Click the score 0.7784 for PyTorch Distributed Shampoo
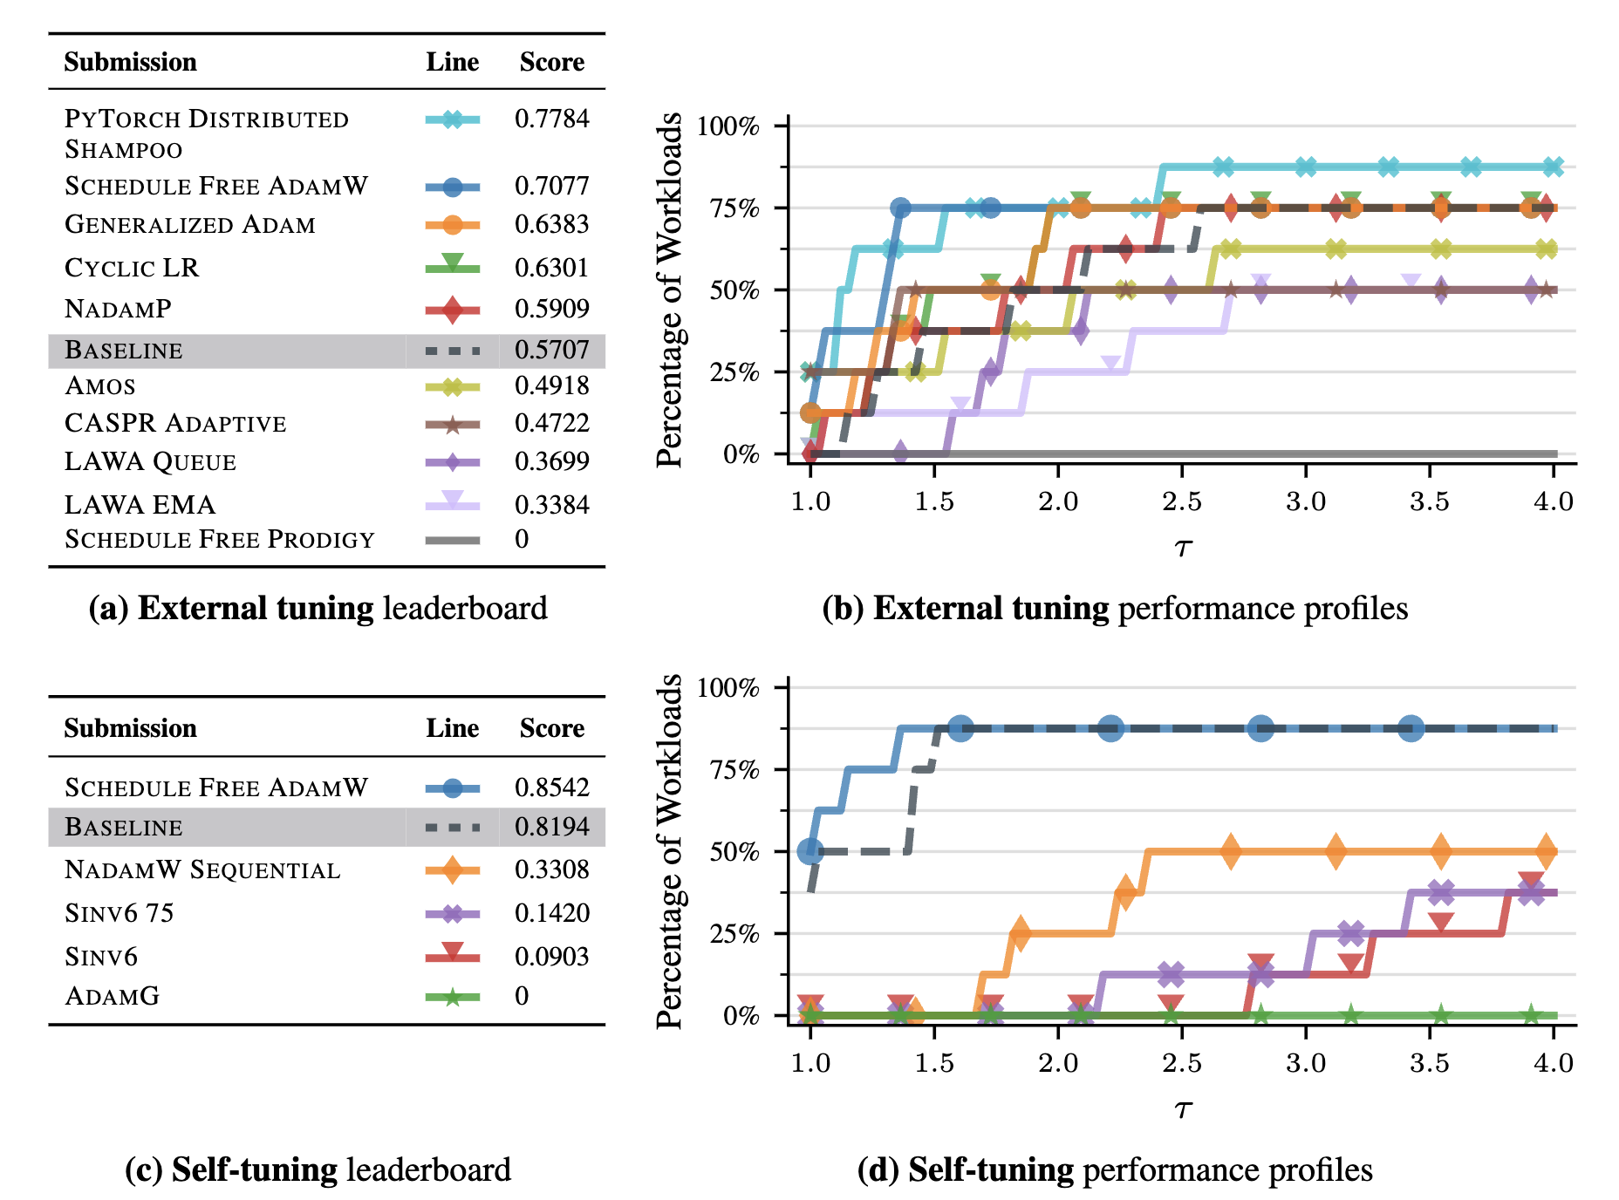point(551,119)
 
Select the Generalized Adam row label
point(190,225)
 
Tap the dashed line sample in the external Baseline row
point(452,351)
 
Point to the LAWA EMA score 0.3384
point(551,505)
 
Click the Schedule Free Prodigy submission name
point(220,540)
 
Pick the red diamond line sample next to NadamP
point(452,310)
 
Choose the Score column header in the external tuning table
point(551,62)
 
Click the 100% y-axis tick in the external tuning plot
point(728,126)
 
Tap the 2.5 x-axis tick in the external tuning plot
point(1181,502)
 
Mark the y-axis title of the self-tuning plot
point(669,851)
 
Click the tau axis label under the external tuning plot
point(1182,548)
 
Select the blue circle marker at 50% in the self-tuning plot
point(810,850)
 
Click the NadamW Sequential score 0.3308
point(551,869)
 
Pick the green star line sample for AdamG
point(452,997)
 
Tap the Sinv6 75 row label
point(120,913)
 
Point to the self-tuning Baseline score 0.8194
point(551,827)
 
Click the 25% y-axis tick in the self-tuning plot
point(734,934)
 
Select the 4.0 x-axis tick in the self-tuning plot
point(1553,1063)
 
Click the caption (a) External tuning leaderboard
point(318,609)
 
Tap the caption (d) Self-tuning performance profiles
point(1115,1170)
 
